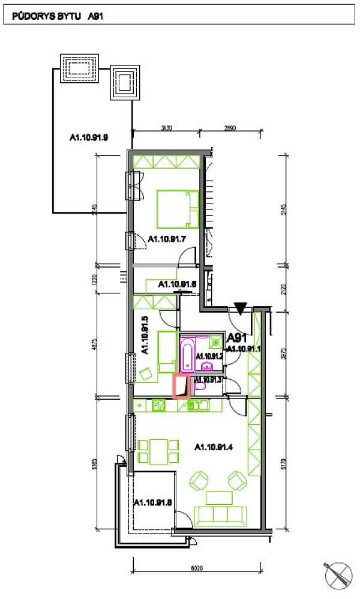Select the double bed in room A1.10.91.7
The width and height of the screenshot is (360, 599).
click(x=178, y=209)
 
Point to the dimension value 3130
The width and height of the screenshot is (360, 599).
click(x=166, y=128)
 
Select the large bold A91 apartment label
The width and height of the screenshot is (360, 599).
click(x=238, y=337)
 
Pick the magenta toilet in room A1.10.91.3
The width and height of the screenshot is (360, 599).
click(x=200, y=388)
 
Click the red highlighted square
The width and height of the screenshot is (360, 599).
click(x=181, y=386)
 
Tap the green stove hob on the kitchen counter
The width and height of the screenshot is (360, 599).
click(x=159, y=406)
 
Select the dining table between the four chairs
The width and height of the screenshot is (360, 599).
click(x=158, y=451)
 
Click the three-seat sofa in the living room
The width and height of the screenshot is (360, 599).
click(x=220, y=516)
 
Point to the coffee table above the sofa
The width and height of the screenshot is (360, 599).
click(x=219, y=497)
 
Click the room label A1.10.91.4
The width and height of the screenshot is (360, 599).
click(x=216, y=447)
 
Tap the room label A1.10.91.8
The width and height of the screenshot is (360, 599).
click(x=153, y=502)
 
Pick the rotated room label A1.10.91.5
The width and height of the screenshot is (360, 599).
click(x=144, y=336)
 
